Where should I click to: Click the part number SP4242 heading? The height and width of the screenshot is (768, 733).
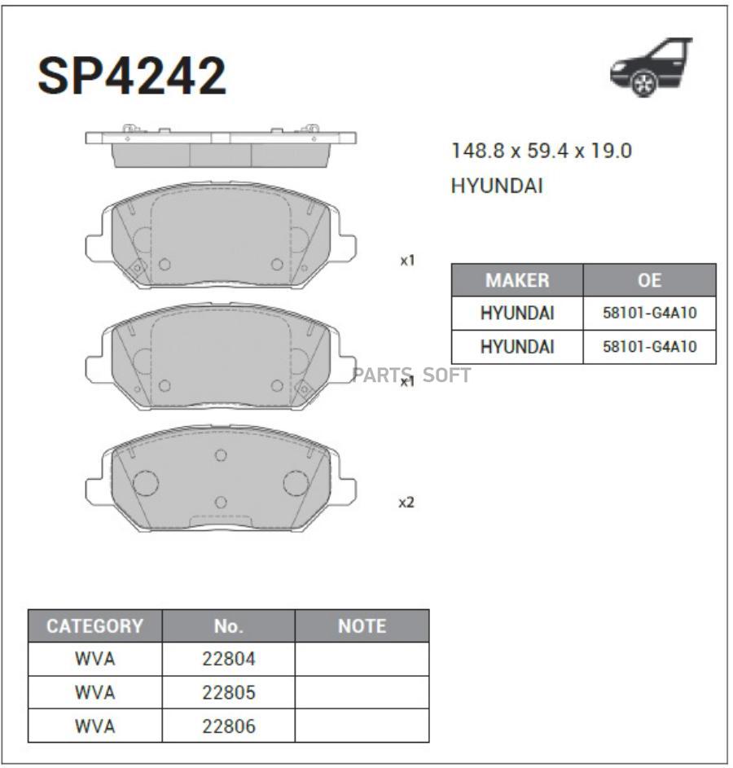[132, 76]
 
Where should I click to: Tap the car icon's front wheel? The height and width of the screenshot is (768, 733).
[643, 84]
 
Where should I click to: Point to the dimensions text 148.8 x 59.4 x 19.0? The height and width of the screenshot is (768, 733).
[541, 151]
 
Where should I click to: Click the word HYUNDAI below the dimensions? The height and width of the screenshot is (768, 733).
[497, 187]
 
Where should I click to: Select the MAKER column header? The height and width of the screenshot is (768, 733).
[517, 280]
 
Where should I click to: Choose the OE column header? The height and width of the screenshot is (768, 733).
[649, 280]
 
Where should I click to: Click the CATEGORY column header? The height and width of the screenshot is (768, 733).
[95, 626]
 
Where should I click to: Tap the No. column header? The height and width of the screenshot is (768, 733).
[229, 626]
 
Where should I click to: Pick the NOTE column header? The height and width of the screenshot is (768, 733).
[362, 626]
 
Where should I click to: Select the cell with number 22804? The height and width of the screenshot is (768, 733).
[229, 659]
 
